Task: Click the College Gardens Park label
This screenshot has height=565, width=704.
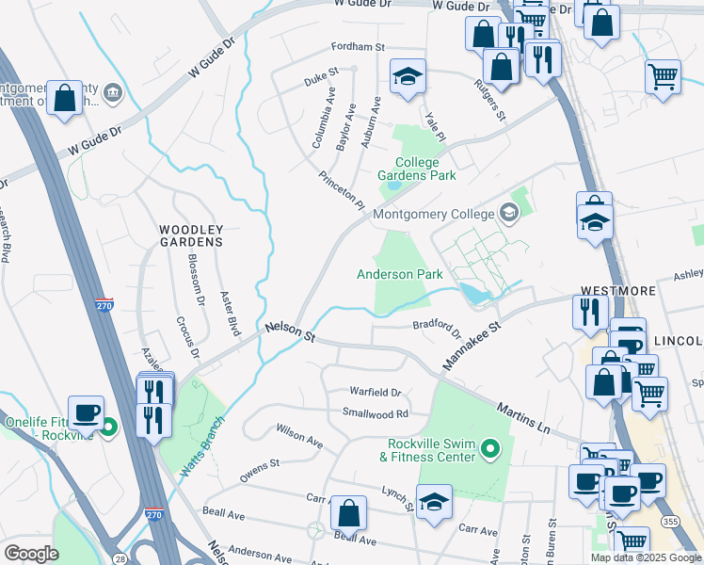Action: click(x=416, y=169)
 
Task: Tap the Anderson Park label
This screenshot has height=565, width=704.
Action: click(x=399, y=274)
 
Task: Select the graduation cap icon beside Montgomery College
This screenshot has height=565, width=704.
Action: click(x=509, y=213)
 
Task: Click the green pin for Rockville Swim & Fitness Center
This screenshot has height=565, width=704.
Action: click(x=488, y=451)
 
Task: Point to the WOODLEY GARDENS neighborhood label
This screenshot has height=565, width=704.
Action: click(x=190, y=235)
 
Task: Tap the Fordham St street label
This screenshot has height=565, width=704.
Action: click(x=358, y=47)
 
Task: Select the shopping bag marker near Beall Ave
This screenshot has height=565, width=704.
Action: click(x=348, y=515)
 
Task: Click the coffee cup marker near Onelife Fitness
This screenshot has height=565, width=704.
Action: click(x=86, y=412)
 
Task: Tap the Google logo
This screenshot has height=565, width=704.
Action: click(x=31, y=554)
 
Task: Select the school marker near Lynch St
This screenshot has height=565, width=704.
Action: click(x=434, y=503)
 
